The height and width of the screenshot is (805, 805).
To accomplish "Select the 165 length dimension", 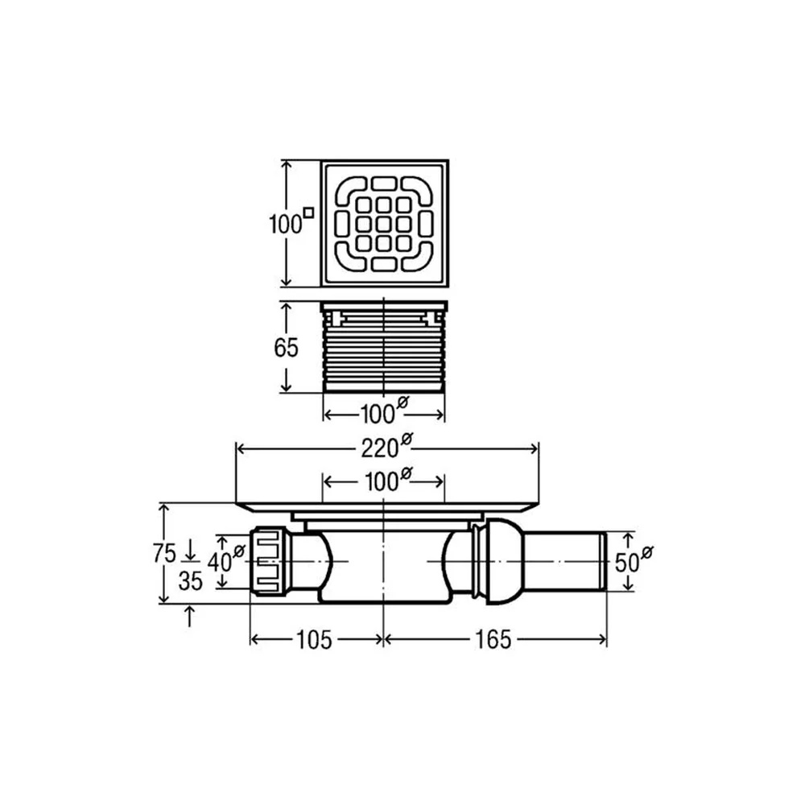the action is click(493, 640).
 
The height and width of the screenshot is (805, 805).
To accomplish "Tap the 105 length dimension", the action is click(314, 640).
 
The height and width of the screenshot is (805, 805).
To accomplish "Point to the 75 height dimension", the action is click(164, 554).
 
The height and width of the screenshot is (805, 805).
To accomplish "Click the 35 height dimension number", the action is click(191, 581).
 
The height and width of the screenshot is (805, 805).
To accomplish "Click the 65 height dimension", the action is click(286, 348).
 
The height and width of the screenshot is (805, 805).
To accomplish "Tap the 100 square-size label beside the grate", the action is click(291, 222).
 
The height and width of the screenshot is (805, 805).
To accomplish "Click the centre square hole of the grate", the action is click(383, 224).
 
